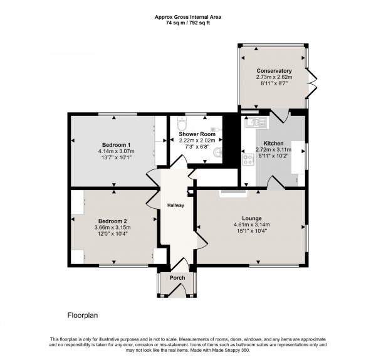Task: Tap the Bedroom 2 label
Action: coord(113,220)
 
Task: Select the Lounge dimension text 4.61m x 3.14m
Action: coord(251,225)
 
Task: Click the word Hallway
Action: coord(175,205)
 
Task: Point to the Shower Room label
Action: coord(197,134)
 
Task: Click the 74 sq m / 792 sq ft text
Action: coord(187,23)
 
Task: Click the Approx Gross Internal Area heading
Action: coord(187,17)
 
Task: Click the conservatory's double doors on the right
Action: coord(311,82)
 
